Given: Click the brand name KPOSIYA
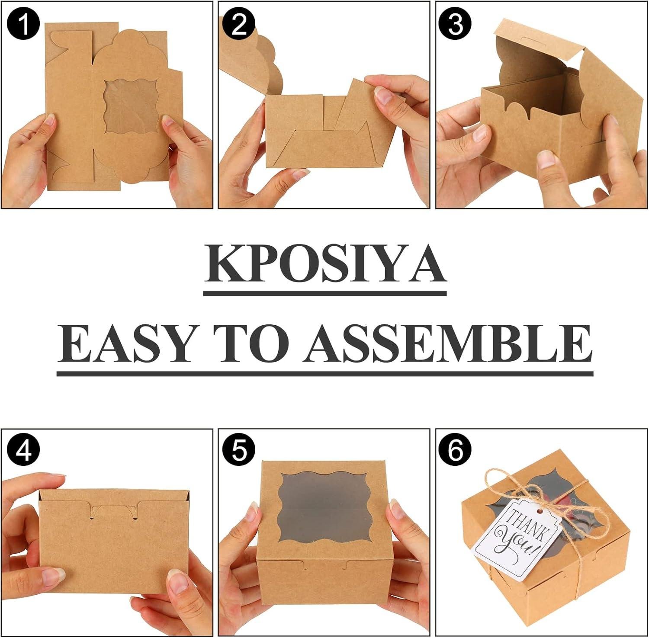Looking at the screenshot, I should [324, 265].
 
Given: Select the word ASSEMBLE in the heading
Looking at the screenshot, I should [448, 342].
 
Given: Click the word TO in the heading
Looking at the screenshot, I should [254, 342].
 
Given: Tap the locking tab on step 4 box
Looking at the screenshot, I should [114, 510].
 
